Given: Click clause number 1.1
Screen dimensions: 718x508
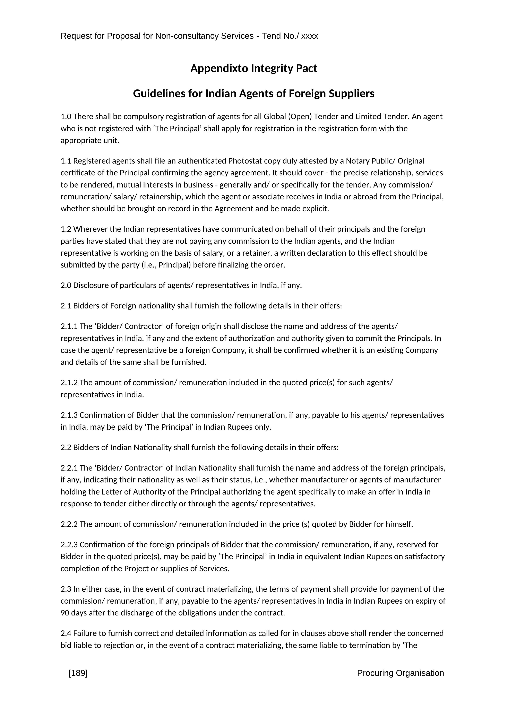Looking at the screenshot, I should point(66,161).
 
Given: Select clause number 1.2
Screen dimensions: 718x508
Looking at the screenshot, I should point(66,229).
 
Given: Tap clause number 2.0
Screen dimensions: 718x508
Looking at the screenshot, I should point(66,286).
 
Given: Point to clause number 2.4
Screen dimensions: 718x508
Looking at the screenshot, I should point(66,633).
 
